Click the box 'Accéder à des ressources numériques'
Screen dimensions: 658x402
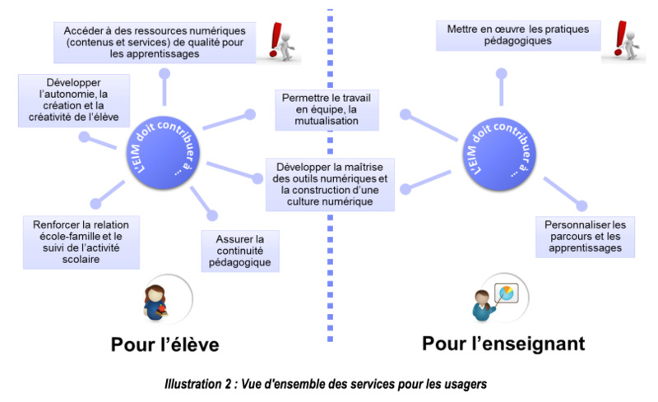tap(155, 43)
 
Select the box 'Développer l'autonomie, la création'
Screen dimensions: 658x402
tap(74, 100)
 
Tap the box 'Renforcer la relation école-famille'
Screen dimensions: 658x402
tap(81, 243)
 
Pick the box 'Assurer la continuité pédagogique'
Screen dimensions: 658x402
tap(240, 251)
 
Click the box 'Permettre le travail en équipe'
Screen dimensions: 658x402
tap(327, 110)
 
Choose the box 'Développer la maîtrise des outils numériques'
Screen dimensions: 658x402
tap(330, 184)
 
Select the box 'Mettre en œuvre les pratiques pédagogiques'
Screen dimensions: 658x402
tap(518, 35)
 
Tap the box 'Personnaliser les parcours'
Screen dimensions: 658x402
tap(585, 237)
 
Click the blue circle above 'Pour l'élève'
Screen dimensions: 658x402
tap(163, 152)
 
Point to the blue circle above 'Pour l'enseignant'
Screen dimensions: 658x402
tap(499, 154)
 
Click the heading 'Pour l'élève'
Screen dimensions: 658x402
tap(165, 344)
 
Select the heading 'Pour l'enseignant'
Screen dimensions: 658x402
tap(503, 344)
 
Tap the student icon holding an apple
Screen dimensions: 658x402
tap(156, 303)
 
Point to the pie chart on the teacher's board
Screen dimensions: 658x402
tap(507, 293)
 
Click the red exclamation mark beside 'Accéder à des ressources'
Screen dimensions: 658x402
tap(276, 39)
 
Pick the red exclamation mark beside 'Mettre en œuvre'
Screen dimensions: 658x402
tap(620, 38)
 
